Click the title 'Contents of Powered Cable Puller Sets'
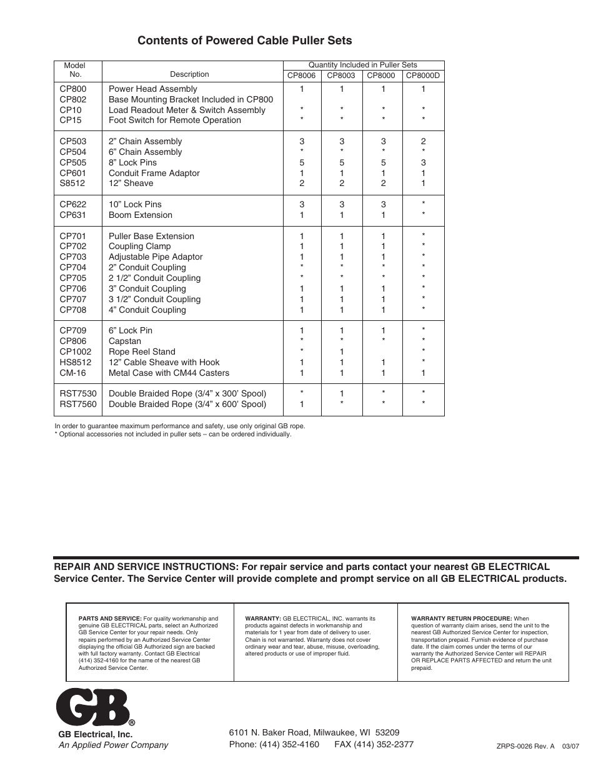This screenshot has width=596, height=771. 244,41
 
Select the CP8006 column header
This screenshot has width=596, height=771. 301,76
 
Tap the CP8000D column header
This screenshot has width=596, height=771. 423,76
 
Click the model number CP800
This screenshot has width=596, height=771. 73,89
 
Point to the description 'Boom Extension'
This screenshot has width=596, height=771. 141,215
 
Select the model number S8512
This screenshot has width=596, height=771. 72,184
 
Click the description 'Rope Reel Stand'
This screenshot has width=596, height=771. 142,352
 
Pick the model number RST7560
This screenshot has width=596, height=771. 78,405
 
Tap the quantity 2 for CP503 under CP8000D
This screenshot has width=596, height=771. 423,142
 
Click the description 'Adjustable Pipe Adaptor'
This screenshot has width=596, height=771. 156,257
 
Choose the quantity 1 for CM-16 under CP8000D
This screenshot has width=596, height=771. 423,373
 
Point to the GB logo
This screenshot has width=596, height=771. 94,707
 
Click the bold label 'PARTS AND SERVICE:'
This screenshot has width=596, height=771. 110,619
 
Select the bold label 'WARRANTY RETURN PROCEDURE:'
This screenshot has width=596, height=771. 461,619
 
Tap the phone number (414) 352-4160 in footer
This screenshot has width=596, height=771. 289,744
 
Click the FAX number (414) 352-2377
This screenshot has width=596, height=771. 384,744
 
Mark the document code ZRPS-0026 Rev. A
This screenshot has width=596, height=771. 525,745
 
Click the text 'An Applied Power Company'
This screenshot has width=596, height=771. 113,745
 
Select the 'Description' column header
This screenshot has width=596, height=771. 189,74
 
